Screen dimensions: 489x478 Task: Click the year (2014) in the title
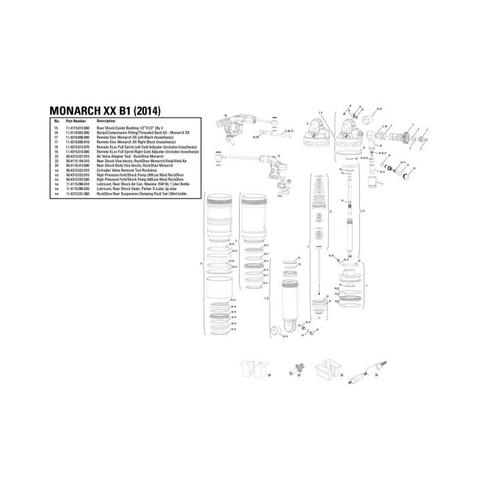[x=148, y=111]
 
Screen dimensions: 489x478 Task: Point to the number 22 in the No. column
[x=57, y=156]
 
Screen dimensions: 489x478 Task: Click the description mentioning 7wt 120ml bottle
[x=136, y=194]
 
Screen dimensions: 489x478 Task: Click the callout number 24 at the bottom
[x=269, y=374]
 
